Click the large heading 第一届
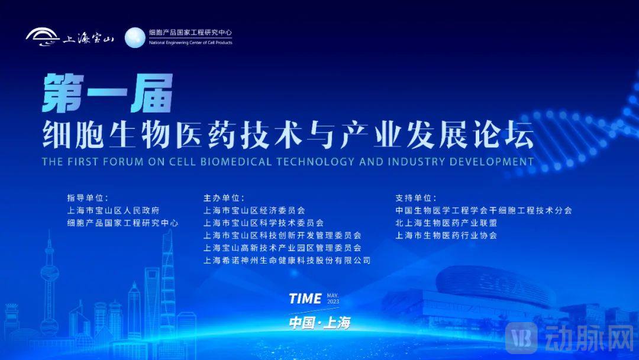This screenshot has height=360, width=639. [106, 94]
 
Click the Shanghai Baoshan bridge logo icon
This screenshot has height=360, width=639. [42, 37]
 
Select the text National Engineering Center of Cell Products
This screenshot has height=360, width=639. [190, 43]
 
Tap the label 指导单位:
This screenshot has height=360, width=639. [88, 198]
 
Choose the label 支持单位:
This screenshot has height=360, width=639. [416, 198]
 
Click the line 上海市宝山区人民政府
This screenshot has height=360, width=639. [114, 210]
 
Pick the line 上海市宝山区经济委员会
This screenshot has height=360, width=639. [254, 210]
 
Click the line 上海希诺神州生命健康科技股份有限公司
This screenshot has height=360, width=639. [287, 261]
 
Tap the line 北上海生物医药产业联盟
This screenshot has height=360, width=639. [446, 223]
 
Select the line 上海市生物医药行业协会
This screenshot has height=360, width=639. [446, 235]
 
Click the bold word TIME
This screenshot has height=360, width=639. [305, 299]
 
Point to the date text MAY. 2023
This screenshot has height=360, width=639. [333, 299]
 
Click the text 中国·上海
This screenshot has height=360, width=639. [319, 323]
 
